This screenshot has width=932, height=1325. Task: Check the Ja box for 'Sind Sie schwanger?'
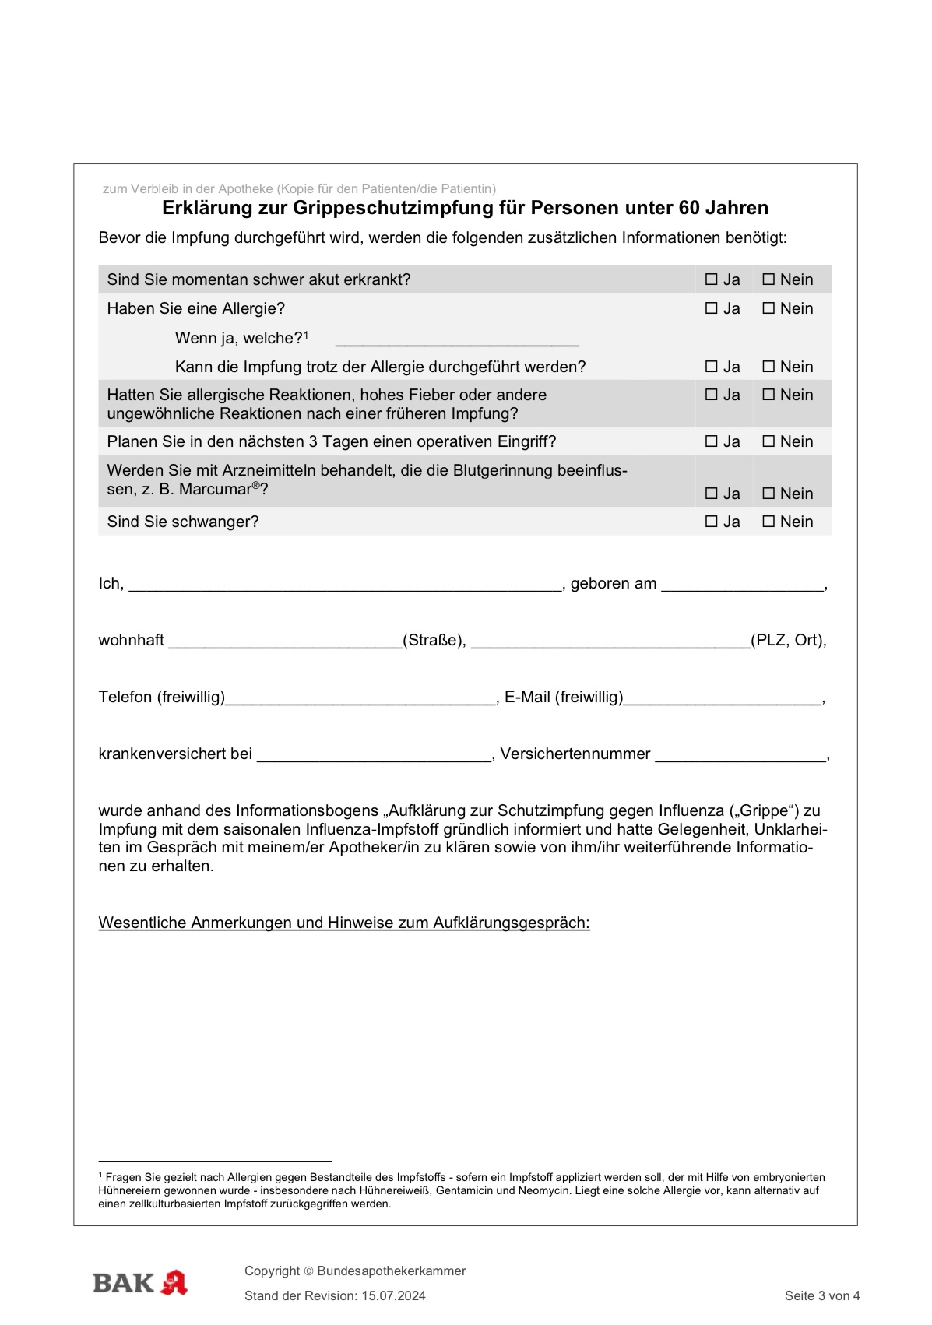711,522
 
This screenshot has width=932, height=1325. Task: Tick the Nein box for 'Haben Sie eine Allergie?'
768,308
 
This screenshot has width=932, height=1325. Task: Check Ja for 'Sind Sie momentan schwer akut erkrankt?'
711,279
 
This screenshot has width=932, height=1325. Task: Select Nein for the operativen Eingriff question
768,441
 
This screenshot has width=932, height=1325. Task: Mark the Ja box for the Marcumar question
711,494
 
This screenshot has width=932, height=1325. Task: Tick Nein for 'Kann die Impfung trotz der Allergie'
768,367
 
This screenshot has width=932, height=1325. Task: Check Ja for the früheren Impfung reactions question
711,395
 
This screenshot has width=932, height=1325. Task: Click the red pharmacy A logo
174,1282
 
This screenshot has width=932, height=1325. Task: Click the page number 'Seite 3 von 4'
822,1296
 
